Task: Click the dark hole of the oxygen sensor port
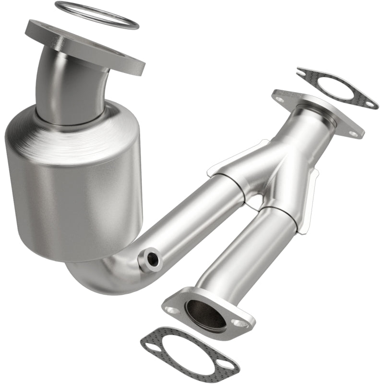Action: (153, 259)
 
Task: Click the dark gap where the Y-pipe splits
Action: (254, 202)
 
